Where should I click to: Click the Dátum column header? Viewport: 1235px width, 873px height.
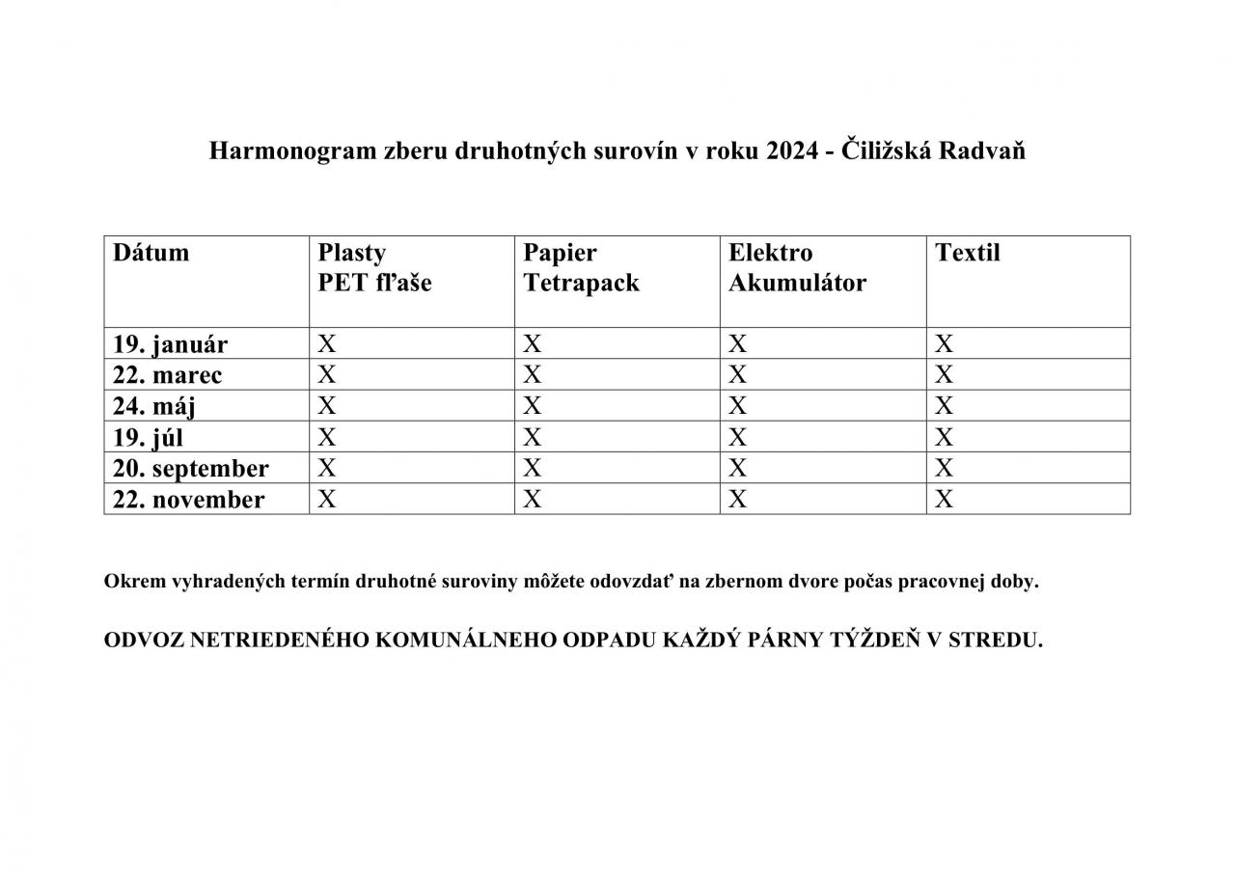click(151, 253)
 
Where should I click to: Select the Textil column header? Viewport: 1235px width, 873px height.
click(968, 253)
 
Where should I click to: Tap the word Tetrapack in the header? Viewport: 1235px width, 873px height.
click(581, 284)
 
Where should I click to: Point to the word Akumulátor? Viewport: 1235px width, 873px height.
click(797, 284)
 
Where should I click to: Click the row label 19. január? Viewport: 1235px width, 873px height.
click(170, 344)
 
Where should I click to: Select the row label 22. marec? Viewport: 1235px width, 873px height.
click(167, 375)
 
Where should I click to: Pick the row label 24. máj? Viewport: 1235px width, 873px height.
click(154, 406)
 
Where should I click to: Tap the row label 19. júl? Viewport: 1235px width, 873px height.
click(148, 437)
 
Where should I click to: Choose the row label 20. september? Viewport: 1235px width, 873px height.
click(190, 469)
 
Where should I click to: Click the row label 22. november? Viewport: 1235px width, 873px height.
click(188, 500)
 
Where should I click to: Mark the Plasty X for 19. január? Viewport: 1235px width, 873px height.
click(327, 343)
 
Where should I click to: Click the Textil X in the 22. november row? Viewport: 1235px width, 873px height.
click(944, 499)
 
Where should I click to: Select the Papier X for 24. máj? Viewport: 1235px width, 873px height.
click(533, 405)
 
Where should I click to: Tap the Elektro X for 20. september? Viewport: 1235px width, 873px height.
click(738, 468)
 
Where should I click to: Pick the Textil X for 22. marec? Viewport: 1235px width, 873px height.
click(944, 374)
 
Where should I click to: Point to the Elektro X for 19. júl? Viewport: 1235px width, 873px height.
click(738, 437)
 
